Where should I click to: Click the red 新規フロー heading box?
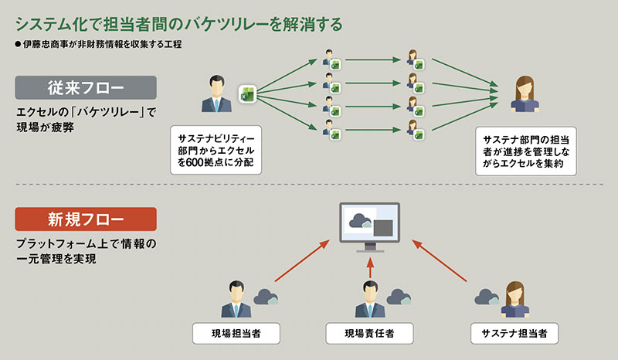click(86, 219)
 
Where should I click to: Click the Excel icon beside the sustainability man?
click(246, 94)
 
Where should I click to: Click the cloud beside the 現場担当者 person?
click(266, 297)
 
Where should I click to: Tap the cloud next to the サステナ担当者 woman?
click(487, 297)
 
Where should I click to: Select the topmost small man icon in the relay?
click(328, 57)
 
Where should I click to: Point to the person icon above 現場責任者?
click(369, 300)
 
